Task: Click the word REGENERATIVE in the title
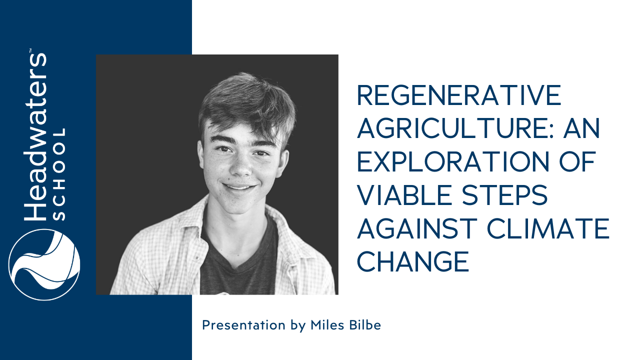tap(459, 95)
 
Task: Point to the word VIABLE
tap(404, 195)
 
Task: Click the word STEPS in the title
tap(505, 195)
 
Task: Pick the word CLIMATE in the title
tap(548, 228)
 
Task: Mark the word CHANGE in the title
tap(413, 261)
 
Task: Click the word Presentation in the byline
tap(243, 325)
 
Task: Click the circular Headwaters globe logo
tap(44, 264)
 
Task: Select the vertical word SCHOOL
tap(59, 174)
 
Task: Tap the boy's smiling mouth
tap(239, 187)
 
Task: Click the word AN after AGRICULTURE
tap(581, 128)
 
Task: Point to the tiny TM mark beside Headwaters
tap(30, 50)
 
